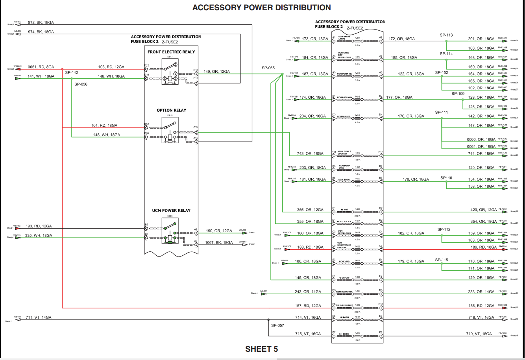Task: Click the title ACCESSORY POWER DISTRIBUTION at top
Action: click(261, 7)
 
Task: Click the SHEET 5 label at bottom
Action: click(261, 349)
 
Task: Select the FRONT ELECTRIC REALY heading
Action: click(171, 52)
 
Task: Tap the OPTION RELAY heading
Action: click(171, 110)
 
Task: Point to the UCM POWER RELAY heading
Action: click(171, 210)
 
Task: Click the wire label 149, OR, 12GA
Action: click(216, 72)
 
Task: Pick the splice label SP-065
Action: click(268, 68)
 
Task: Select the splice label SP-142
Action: click(72, 73)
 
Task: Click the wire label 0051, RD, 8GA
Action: click(41, 67)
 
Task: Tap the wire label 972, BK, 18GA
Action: click(41, 22)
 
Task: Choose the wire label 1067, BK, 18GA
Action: click(219, 243)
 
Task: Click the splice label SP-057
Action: click(277, 325)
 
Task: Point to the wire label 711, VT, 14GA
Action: click(39, 318)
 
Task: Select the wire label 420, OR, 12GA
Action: click(483, 210)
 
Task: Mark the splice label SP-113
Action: click(446, 35)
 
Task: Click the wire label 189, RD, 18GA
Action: click(483, 247)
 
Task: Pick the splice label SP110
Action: click(446, 178)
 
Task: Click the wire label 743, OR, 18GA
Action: click(310, 153)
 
